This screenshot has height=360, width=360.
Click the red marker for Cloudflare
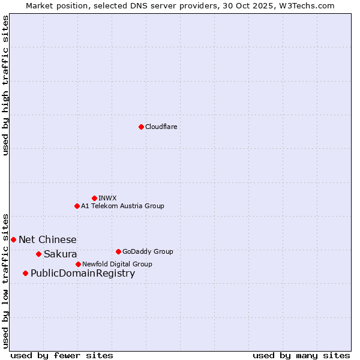(141, 127)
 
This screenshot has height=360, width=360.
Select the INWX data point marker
(94, 198)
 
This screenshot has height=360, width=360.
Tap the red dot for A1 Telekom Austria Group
(77, 206)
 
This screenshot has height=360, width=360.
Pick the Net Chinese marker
(13, 239)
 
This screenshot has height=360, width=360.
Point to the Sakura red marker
(38, 254)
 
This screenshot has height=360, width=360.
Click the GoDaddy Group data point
(118, 251)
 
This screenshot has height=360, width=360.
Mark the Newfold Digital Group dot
(78, 264)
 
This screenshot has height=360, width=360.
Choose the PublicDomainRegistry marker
(25, 274)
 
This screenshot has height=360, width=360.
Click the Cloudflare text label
(161, 127)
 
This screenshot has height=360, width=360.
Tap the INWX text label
(107, 198)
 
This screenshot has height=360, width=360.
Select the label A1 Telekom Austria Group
(122, 206)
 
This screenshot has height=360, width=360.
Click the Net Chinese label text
(47, 240)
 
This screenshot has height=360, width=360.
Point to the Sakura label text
(60, 254)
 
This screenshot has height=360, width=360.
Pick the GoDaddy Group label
(148, 251)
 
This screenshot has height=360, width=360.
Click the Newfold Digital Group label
(117, 264)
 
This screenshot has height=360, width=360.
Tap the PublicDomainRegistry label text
(83, 274)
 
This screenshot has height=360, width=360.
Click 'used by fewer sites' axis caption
(62, 355)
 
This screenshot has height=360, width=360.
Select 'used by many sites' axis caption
(301, 355)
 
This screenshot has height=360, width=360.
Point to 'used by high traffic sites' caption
(5, 85)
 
